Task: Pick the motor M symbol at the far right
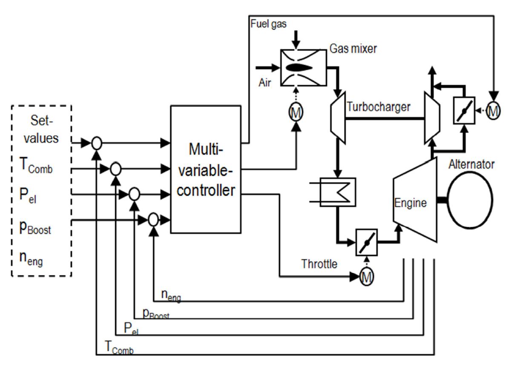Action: click(493, 112)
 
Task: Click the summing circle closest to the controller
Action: click(153, 220)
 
